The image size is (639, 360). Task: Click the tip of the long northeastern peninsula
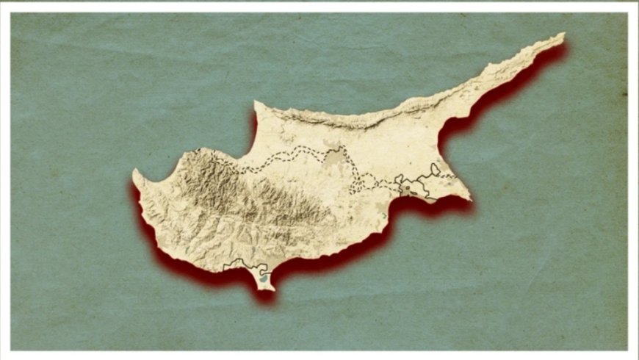pos(563,34)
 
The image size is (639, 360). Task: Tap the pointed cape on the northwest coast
pos(256,104)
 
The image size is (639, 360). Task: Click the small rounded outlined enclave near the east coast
pos(436,170)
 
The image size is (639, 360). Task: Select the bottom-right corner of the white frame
pos(629,350)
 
